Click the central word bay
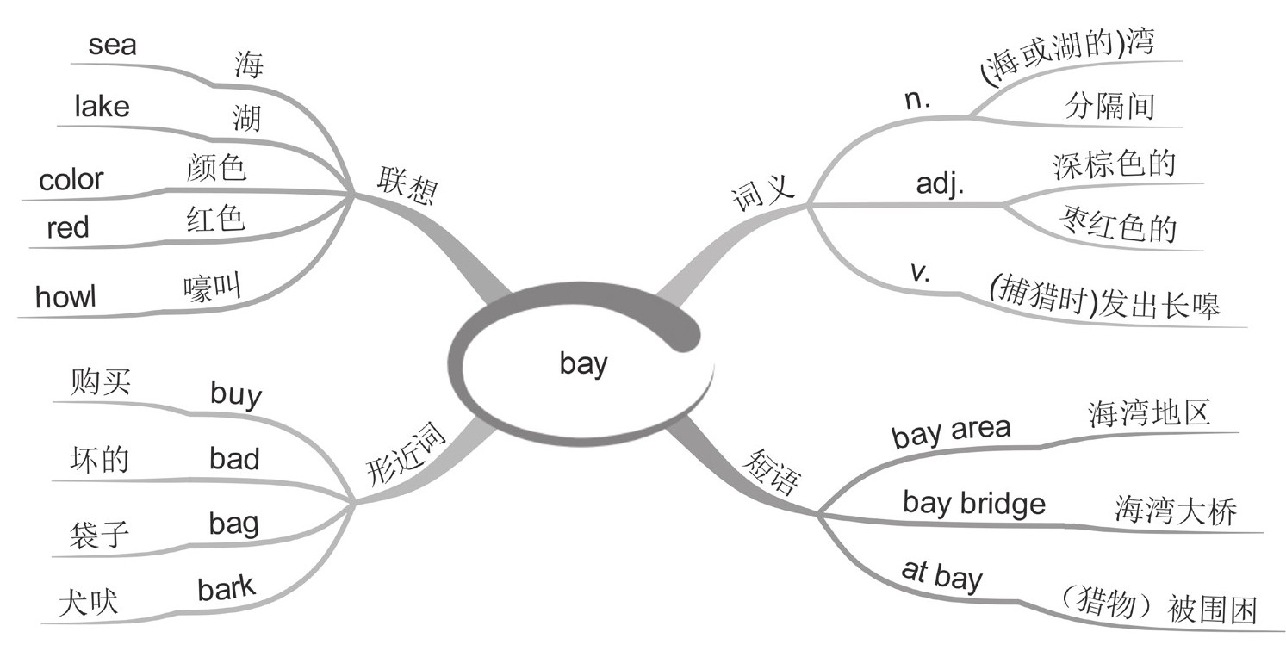(x=583, y=364)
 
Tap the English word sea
(x=112, y=45)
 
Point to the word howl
(x=65, y=297)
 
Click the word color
(x=71, y=180)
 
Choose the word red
(x=68, y=228)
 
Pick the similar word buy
(x=236, y=394)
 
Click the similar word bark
(x=227, y=589)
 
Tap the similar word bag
(x=233, y=523)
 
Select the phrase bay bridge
(x=973, y=503)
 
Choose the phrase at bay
(x=941, y=575)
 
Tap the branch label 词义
(x=761, y=194)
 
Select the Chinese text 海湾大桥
(x=1175, y=511)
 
